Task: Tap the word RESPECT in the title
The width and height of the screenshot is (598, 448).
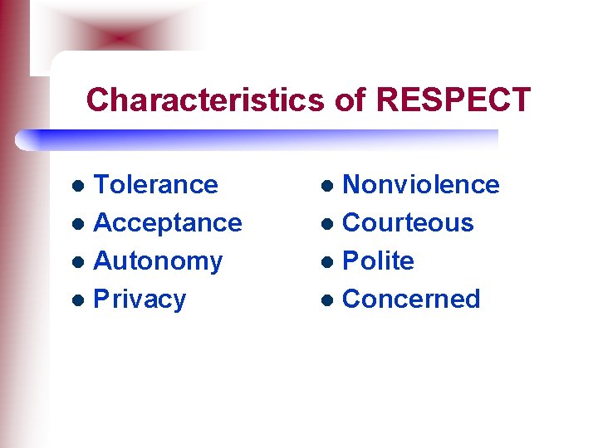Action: (453, 100)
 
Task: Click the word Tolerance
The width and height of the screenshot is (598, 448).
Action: (156, 184)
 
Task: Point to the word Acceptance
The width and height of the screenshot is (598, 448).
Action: (168, 222)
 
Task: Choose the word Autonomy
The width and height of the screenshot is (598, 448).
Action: (159, 261)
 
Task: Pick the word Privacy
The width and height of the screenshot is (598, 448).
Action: (140, 299)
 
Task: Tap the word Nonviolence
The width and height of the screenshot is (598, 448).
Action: (421, 184)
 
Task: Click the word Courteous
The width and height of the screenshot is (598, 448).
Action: (408, 222)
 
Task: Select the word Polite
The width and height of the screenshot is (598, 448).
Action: (378, 261)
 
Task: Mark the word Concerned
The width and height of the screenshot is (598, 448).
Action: (411, 299)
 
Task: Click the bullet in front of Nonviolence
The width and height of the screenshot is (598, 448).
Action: (329, 186)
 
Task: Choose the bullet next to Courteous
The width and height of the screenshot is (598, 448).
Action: (329, 224)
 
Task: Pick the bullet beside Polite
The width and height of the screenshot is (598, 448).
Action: (329, 262)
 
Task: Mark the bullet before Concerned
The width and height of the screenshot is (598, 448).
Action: (329, 300)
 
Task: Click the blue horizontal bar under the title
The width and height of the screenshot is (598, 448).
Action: (257, 139)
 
